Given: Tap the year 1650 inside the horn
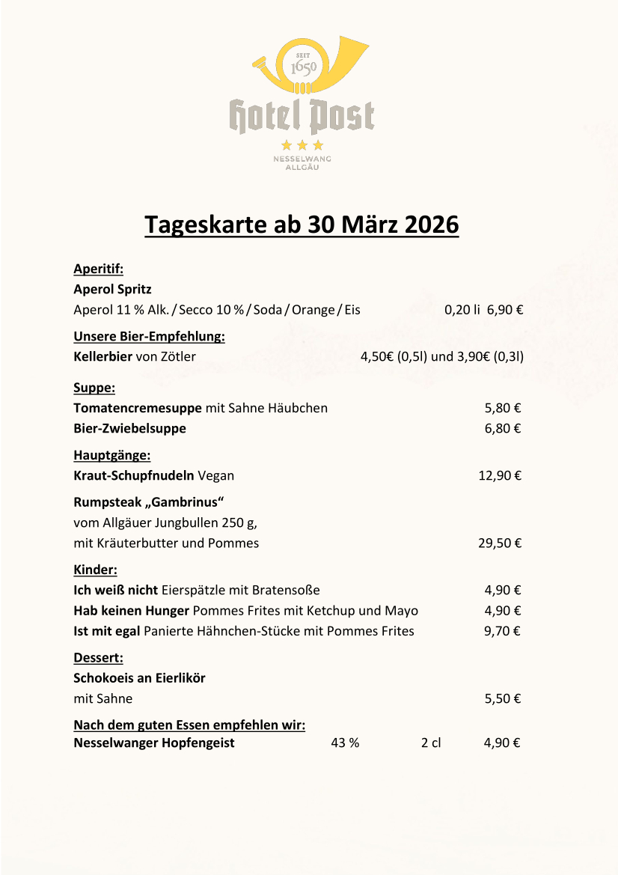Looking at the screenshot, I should coord(303,68).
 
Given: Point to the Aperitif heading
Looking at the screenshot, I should coord(98,269).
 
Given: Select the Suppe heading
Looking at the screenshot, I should coord(94,388).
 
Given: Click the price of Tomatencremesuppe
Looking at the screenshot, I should coord(502,408).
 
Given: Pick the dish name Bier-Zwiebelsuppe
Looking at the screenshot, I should coord(129,429).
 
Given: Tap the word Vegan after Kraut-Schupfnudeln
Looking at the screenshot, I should coord(216,475).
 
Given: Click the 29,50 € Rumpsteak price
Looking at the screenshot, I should coord(500,543).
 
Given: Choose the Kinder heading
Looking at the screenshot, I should coord(95,570).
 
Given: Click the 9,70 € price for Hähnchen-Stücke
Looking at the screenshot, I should coord(502,631).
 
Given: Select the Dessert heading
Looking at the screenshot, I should coord(98,659).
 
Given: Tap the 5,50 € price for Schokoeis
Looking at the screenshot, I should coord(502,699).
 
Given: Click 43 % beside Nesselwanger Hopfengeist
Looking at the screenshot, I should coord(345,743).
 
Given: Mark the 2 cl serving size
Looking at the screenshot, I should coord(431,743).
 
